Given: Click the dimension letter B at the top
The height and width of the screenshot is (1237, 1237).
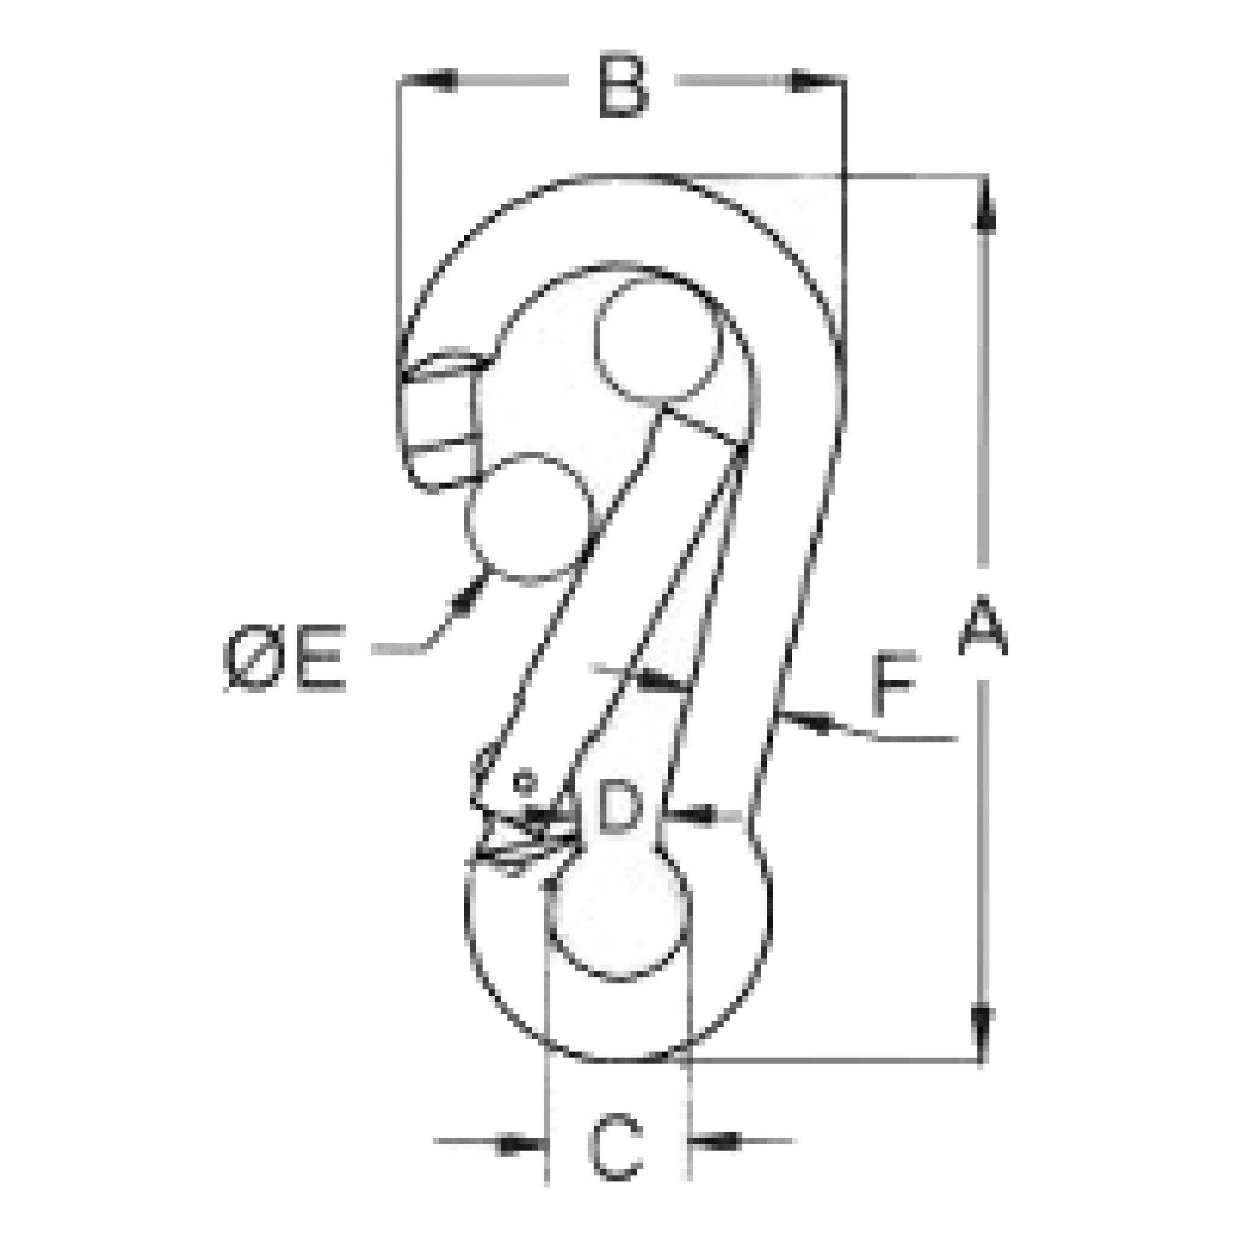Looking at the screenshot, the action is pyautogui.click(x=623, y=87).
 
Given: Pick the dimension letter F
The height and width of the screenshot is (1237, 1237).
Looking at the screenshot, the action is pyautogui.click(x=893, y=684).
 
